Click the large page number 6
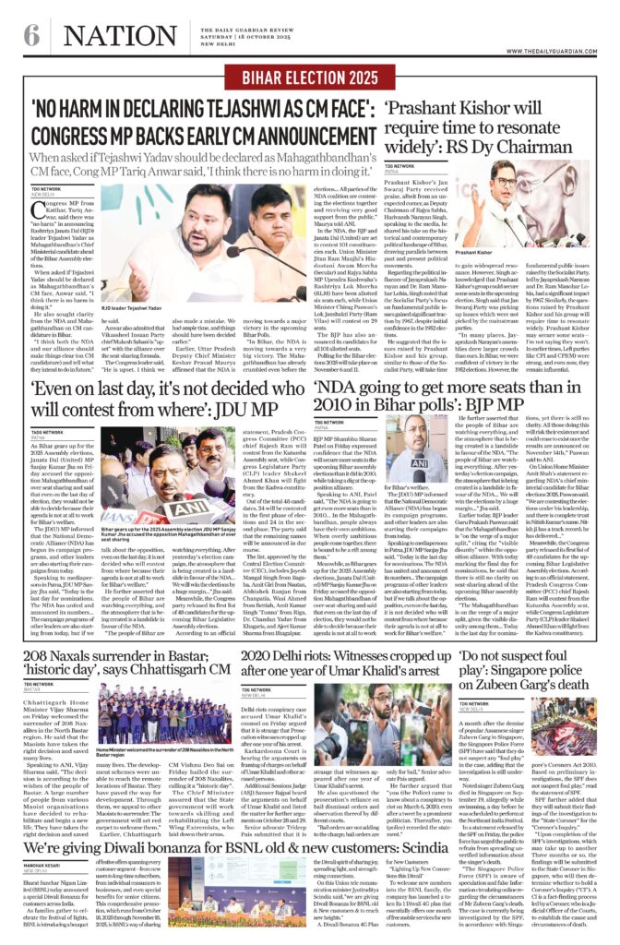click(x=30, y=36)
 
